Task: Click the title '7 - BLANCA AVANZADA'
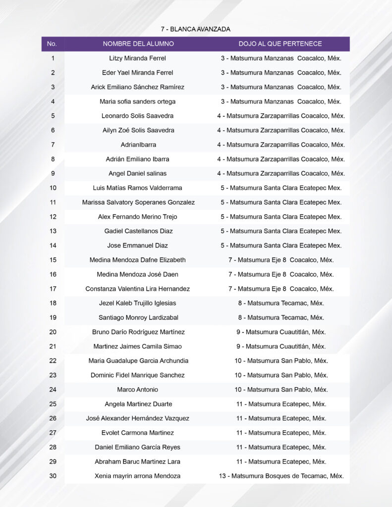point(195,29)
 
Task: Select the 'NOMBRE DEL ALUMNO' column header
point(138,44)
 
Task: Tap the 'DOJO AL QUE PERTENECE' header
point(280,44)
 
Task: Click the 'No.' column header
point(52,44)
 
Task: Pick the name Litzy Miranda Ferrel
point(138,58)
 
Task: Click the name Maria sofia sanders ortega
point(138,101)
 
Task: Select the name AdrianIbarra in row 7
point(138,145)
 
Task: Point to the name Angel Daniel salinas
point(138,173)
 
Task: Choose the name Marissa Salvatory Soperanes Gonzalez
point(138,202)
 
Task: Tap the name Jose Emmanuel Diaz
point(138,245)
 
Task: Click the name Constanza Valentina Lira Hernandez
point(138,289)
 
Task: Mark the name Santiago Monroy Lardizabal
point(138,317)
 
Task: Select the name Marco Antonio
point(138,389)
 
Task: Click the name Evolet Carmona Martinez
point(138,433)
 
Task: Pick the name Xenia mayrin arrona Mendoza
point(138,476)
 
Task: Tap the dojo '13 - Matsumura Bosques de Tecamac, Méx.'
point(281,476)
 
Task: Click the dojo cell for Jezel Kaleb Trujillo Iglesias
point(281,303)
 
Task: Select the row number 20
point(53,332)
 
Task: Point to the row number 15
point(53,260)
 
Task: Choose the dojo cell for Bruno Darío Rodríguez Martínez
point(281,332)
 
